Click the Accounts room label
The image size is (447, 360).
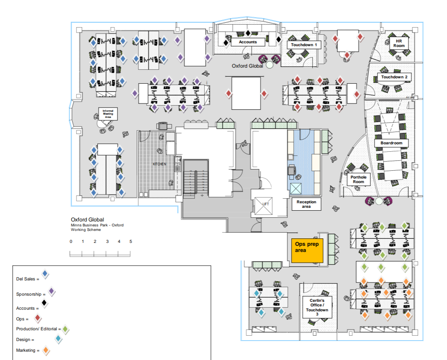point(248,42)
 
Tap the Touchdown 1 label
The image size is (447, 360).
point(304,45)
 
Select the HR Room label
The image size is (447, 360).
point(399,43)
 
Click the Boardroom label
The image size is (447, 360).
point(391,143)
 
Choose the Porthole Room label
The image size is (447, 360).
point(358,179)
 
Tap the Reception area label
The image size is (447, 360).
point(306,204)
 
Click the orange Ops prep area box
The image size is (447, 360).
point(307,250)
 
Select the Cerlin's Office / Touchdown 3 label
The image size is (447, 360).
point(317,307)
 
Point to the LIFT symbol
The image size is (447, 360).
point(265,204)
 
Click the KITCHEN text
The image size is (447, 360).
point(160,164)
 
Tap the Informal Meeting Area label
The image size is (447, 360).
point(108,114)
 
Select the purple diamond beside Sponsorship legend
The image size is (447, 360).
point(52,292)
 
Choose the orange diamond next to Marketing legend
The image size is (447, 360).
point(47,351)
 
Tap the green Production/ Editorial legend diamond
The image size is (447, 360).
point(65,329)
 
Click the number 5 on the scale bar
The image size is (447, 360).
point(131,241)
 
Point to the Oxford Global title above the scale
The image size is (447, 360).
point(87,220)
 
